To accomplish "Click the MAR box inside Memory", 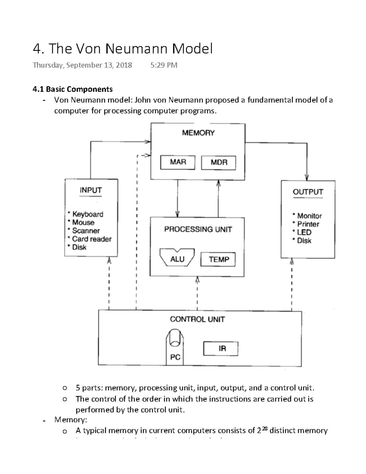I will pos(178,162).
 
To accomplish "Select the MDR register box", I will pos(219,163).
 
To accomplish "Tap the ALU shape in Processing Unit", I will pos(177,259).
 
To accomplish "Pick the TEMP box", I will pos(218,260).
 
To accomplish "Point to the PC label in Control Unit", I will pos(175,357).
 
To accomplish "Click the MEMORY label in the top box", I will pos(198,133).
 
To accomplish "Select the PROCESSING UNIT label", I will pos(198,229).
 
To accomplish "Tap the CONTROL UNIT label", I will pos(197,319).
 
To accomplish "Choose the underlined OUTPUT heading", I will pos(308,192).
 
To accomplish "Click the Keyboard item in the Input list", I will pos(88,214).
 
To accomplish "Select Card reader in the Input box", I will pos(91,239).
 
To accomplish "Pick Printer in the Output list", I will pos(308,224).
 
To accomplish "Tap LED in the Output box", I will pos(304,232).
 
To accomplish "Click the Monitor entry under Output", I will pos(309,216).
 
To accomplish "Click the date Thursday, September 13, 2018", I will pos(82,65).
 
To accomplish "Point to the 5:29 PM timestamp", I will pos(164,65).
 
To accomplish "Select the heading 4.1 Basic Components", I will pos(73,89).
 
